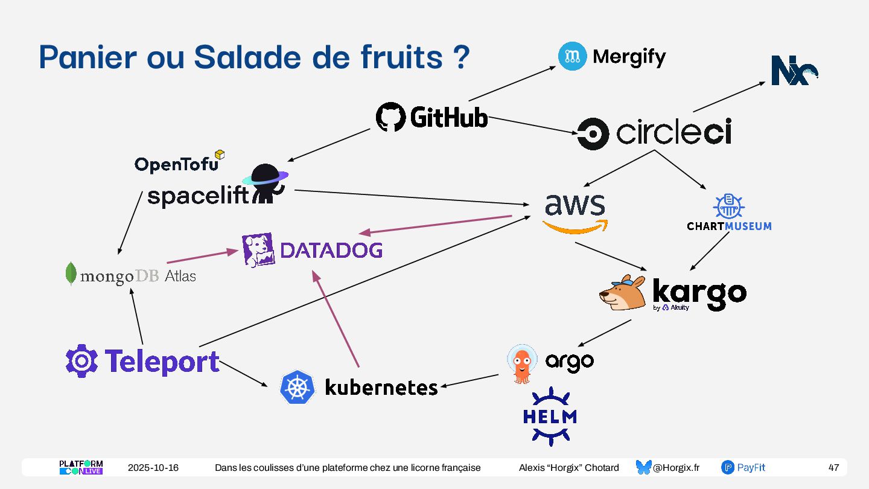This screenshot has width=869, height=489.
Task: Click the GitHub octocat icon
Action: coord(390,117)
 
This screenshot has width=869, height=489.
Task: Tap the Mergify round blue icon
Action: coord(572,57)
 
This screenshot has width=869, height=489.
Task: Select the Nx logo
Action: coord(794,71)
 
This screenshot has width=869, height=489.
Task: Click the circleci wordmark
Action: coord(673,133)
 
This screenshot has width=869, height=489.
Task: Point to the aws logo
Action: coord(575,212)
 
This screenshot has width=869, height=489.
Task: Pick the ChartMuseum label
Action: coord(729,226)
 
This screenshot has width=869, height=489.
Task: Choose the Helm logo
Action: coord(550,417)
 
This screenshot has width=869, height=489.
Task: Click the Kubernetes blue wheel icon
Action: coord(298,387)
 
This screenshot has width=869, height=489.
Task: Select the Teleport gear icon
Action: coord(81,361)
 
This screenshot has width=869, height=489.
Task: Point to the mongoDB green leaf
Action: coord(71,273)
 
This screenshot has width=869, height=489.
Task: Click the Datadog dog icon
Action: coord(258,250)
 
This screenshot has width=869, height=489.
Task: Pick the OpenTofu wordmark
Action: coord(176,164)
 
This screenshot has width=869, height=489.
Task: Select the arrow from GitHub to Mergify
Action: coord(512,83)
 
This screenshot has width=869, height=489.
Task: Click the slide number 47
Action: coord(833,468)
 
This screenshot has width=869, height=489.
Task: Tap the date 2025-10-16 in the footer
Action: coord(153,468)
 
